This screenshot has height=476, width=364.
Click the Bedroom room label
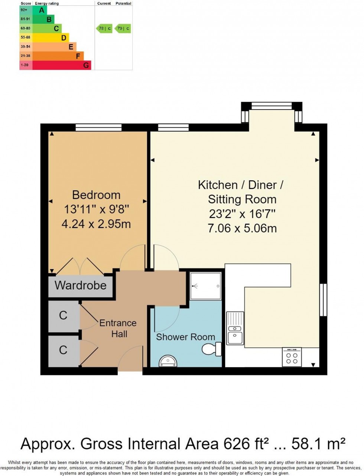96,195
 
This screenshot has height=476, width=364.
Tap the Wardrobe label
81,285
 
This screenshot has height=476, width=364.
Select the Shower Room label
185,337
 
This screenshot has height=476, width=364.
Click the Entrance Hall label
118,328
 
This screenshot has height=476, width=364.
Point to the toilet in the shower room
211,349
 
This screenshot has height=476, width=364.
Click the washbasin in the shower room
168,361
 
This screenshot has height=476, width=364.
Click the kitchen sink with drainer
235,328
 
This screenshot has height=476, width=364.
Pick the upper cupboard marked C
63,316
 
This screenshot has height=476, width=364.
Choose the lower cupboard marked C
63,350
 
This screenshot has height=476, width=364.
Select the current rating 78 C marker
104,28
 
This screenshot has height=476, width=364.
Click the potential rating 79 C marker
123,28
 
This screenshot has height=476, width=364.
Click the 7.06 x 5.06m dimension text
242,228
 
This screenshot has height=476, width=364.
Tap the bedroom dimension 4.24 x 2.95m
96,224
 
